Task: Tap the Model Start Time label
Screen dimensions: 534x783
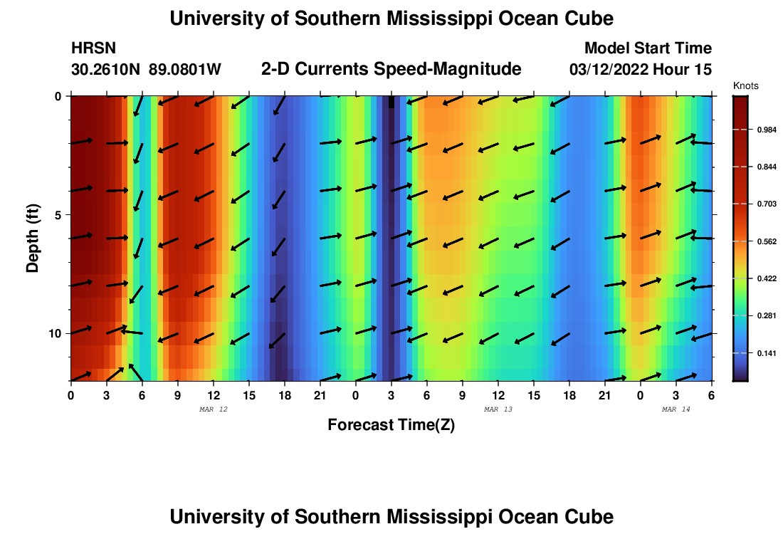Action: pyautogui.click(x=648, y=48)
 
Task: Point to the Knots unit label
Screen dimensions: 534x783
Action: pyautogui.click(x=745, y=85)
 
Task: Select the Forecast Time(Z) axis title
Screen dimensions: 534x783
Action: pyautogui.click(x=391, y=425)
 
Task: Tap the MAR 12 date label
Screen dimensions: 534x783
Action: pyautogui.click(x=213, y=409)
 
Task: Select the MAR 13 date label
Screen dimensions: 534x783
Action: pyautogui.click(x=498, y=409)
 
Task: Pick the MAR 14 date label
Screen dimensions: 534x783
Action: pyautogui.click(x=676, y=409)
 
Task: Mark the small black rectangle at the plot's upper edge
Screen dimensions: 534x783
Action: pyautogui.click(x=391, y=103)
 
